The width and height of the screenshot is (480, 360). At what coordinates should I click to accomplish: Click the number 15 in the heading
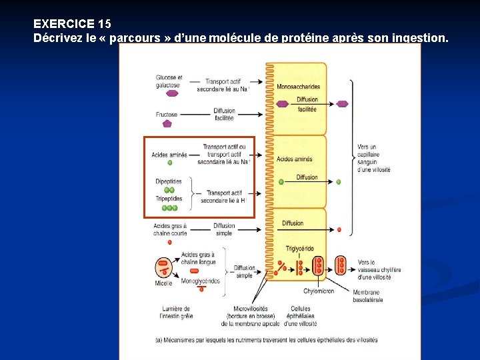(x=105, y=23)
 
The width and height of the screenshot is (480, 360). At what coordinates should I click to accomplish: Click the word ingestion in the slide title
(x=418, y=38)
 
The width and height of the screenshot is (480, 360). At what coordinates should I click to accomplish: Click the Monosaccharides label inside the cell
(x=298, y=87)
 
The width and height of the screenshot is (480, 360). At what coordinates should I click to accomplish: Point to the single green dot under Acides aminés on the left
(x=169, y=163)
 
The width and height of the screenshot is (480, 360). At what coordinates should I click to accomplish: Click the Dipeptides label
(x=169, y=181)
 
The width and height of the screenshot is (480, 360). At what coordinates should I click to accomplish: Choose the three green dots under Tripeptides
(x=170, y=207)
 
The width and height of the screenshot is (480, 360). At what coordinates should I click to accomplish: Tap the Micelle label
(x=164, y=283)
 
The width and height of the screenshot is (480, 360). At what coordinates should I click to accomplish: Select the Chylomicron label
(x=319, y=291)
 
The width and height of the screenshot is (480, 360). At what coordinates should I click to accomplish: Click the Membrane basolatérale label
(x=367, y=296)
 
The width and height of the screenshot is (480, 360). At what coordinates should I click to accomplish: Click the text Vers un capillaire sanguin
(x=374, y=158)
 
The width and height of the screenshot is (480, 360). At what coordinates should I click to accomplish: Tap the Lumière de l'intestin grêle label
(x=175, y=312)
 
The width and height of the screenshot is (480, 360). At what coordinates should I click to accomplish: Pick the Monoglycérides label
(x=200, y=281)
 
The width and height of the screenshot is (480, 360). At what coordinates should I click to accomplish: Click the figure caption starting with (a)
(x=266, y=339)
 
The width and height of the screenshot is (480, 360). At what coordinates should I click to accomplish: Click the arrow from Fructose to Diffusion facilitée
(x=193, y=115)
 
